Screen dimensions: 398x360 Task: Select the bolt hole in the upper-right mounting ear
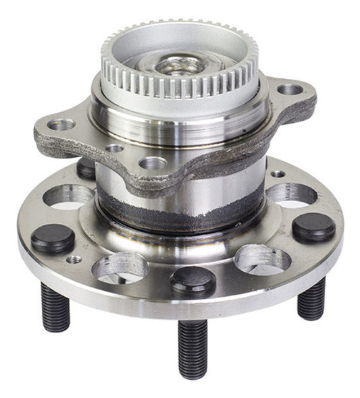(x=290, y=89)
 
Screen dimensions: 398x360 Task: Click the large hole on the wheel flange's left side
(x=68, y=195)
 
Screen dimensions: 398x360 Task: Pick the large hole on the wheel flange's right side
(x=291, y=194)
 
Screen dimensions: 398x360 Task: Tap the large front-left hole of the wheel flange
(x=120, y=268)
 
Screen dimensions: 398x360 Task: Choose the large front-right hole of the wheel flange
(x=261, y=259)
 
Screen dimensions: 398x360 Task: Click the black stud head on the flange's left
(x=53, y=238)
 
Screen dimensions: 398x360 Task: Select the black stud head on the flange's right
(x=314, y=227)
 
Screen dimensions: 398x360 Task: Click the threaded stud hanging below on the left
(x=55, y=307)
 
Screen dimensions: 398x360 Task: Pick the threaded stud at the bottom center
(x=192, y=347)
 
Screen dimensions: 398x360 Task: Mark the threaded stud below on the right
(x=311, y=297)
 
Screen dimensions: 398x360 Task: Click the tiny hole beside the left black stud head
(x=74, y=259)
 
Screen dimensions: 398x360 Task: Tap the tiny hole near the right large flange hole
(x=278, y=173)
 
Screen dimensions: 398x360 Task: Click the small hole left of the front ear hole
(x=115, y=148)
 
